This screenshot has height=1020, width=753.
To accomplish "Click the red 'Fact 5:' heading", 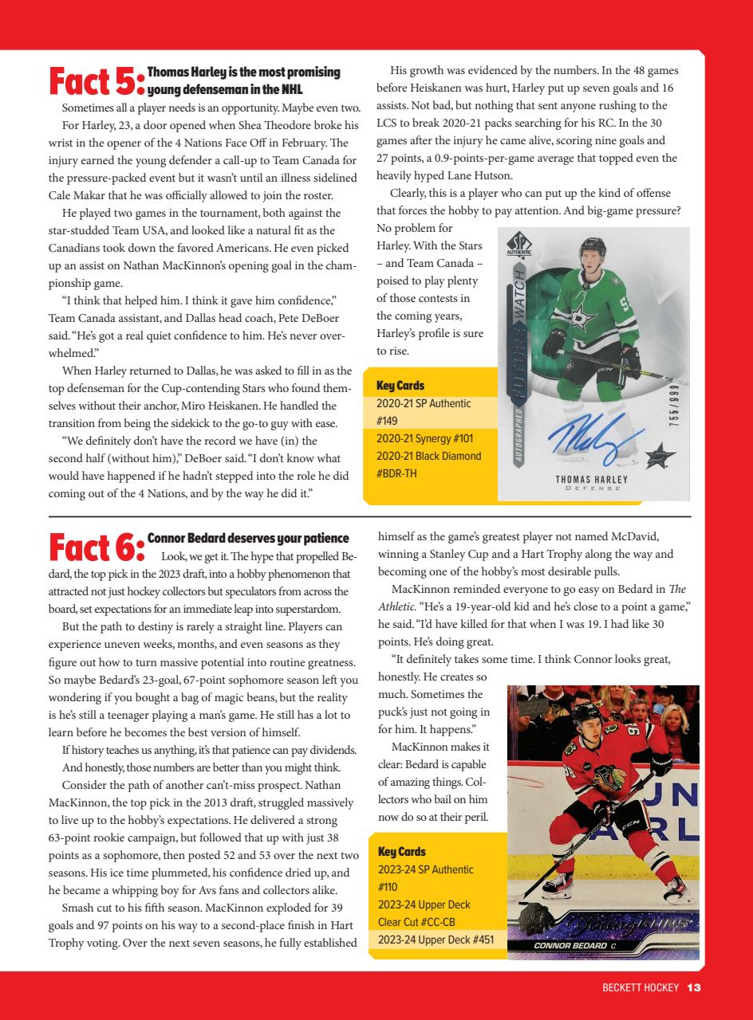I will (x=97, y=82).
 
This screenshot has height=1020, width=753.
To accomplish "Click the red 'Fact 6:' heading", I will (x=97, y=547).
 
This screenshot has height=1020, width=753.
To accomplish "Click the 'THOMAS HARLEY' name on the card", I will (x=591, y=480).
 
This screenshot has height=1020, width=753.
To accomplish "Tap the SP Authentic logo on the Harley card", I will (x=520, y=244).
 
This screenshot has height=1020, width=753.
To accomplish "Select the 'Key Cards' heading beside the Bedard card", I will (x=400, y=851).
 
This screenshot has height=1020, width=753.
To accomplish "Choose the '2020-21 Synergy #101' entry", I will (x=424, y=438).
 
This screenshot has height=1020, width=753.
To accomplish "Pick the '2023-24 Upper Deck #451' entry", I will (x=436, y=940).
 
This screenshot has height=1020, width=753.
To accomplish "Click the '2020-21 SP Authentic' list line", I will (x=424, y=403).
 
